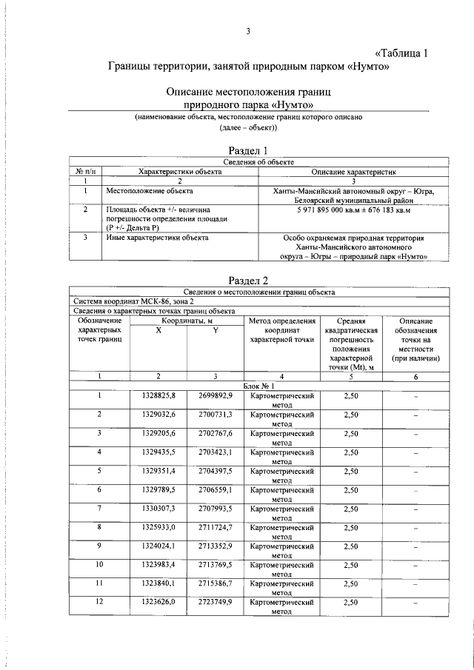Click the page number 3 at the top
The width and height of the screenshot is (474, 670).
[249, 30]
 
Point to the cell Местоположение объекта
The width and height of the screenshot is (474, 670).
[144, 190]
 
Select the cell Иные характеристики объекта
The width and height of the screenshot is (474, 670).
[156, 238]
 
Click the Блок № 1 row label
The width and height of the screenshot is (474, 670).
[258, 386]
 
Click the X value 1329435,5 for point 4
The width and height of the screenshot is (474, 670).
[158, 451]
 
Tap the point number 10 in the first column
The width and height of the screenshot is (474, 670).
[99, 564]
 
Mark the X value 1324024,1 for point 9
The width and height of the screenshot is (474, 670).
[158, 546]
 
